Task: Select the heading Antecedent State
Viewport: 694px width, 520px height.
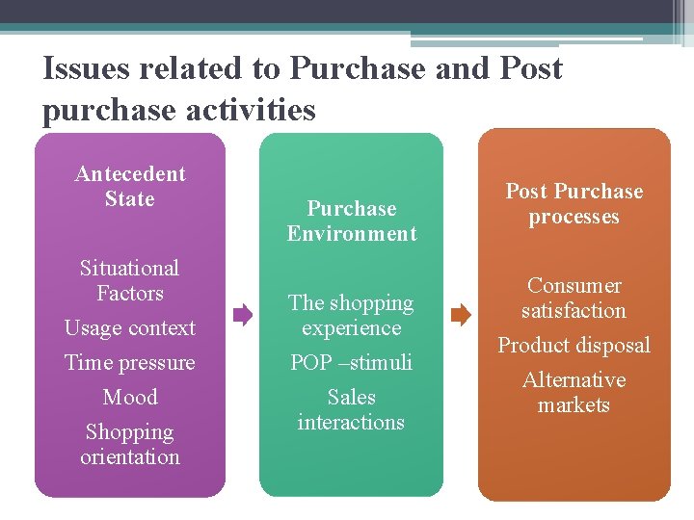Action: (130, 187)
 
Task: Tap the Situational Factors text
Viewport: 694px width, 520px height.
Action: (130, 280)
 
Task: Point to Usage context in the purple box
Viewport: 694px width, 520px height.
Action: (130, 327)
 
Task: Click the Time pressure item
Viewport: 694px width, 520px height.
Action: (130, 362)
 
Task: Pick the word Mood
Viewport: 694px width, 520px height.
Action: (130, 397)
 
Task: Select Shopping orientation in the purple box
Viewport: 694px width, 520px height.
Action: (130, 444)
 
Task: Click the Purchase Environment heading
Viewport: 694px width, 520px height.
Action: (352, 221)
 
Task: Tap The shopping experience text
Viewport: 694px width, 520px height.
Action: (352, 315)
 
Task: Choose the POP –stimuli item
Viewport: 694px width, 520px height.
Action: (352, 362)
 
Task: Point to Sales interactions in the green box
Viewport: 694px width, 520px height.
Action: (352, 409)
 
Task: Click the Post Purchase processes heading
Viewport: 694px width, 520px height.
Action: (574, 203)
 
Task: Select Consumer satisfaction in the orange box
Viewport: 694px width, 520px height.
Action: (574, 298)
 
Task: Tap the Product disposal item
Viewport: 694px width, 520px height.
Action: (574, 345)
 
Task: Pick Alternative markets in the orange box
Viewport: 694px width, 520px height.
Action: (574, 392)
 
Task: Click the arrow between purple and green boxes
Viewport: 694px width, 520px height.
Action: (242, 314)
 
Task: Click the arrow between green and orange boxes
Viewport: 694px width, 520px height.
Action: (461, 314)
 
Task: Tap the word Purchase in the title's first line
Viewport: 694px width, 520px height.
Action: (357, 69)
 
